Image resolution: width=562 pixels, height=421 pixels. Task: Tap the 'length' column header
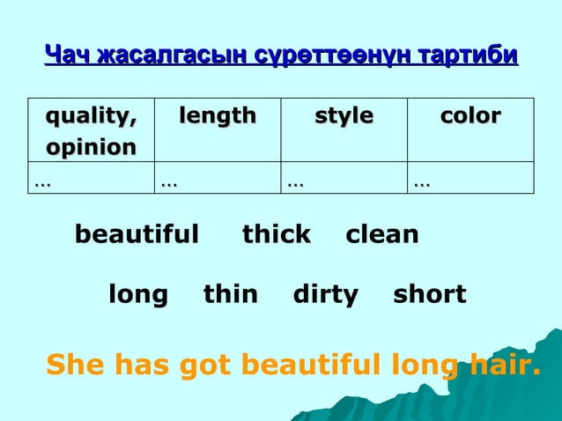pyautogui.click(x=218, y=116)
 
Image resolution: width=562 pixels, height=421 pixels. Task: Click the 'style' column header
pyautogui.click(x=344, y=116)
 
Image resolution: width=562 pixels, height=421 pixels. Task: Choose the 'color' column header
pyautogui.click(x=471, y=116)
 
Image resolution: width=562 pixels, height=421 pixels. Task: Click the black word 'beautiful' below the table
pyautogui.click(x=137, y=235)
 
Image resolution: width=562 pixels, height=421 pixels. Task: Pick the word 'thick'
pyautogui.click(x=277, y=235)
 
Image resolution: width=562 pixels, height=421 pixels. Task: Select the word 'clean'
pyautogui.click(x=382, y=235)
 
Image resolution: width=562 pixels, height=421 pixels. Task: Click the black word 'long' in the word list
pyautogui.click(x=138, y=295)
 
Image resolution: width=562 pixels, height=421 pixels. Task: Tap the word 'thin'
pyautogui.click(x=231, y=295)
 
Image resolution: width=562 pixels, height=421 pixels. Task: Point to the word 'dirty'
pyautogui.click(x=325, y=295)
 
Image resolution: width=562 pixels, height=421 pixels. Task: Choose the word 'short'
pyautogui.click(x=430, y=295)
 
